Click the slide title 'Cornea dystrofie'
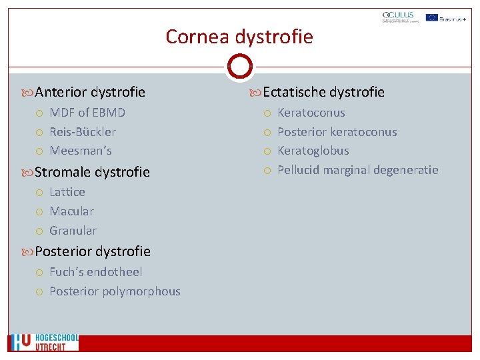[239, 36]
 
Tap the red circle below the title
[239, 67]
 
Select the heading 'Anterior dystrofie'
[89, 92]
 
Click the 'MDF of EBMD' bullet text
[87, 113]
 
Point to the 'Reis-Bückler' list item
[83, 132]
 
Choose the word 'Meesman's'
[81, 151]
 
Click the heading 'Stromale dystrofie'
[92, 172]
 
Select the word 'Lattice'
[67, 192]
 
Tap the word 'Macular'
[71, 211]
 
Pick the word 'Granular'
[73, 231]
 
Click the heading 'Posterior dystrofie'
[93, 251]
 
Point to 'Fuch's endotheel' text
[95, 272]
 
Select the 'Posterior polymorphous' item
[115, 291]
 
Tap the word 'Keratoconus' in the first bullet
[311, 113]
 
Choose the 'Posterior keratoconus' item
[337, 132]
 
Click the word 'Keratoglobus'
[313, 151]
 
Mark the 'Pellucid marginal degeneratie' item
[357, 170]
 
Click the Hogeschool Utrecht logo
[44, 342]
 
